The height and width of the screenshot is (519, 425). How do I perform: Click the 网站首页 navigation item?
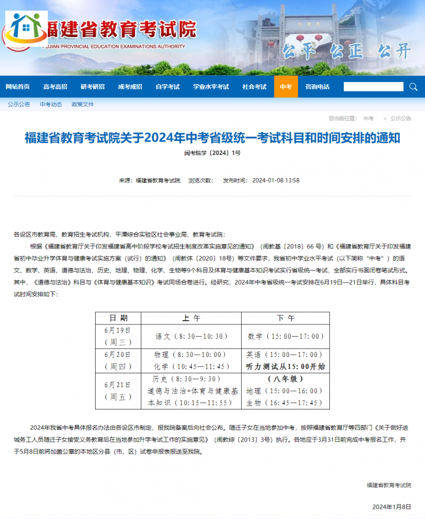18,87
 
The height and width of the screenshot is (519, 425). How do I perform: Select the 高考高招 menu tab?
55,87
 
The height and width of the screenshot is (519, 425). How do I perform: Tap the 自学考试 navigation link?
167,87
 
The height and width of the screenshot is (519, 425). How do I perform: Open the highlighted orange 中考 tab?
286,87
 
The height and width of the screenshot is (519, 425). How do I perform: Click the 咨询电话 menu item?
317,87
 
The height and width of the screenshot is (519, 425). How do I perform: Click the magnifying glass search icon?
413,87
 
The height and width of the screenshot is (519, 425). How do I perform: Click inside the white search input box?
373,87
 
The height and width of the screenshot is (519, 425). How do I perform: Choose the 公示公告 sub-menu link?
19,104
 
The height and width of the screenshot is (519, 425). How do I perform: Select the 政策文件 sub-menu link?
83,104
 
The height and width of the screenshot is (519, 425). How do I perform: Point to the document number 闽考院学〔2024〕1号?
212,153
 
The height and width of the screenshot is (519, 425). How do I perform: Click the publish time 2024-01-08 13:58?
276,180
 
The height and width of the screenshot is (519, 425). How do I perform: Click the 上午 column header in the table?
191,318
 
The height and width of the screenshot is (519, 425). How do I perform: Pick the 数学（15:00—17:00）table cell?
285,336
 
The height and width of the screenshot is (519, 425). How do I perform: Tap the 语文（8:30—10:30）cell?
191,336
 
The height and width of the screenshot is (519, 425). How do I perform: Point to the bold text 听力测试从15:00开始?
285,366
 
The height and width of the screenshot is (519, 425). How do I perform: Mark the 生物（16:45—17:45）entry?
284,403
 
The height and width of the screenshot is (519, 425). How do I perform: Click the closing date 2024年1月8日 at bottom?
392,506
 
